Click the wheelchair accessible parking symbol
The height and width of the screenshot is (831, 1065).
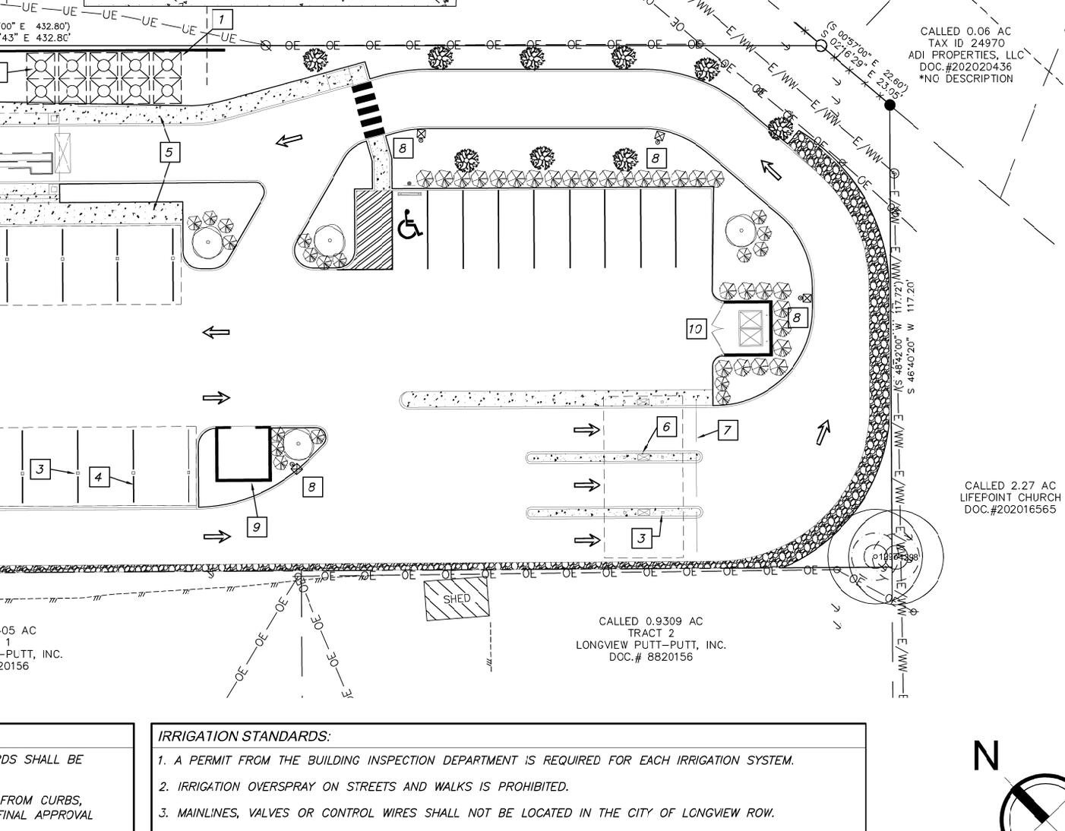coord(410,225)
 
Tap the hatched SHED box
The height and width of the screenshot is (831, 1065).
coord(457,599)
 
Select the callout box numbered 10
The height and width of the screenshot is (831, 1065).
coord(695,329)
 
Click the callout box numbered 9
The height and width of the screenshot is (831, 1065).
coord(257,526)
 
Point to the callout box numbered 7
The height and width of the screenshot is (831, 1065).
coord(727,431)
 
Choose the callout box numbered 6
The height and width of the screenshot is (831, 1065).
coord(665,427)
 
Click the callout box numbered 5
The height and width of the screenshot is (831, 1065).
coord(169,152)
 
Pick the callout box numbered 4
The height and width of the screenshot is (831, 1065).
coord(98,477)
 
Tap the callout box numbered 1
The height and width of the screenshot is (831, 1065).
coord(222,19)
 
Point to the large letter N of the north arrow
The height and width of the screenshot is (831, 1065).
coord(986,757)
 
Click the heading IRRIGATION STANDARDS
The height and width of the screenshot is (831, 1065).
coord(244,736)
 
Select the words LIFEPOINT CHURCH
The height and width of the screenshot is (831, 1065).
coord(1010,498)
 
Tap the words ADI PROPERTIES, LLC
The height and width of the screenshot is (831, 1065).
coord(965,55)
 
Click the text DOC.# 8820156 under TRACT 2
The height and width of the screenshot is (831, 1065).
coord(650,657)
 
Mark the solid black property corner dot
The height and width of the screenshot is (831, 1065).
coord(890,105)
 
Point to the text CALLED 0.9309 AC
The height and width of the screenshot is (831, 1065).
coord(650,621)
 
